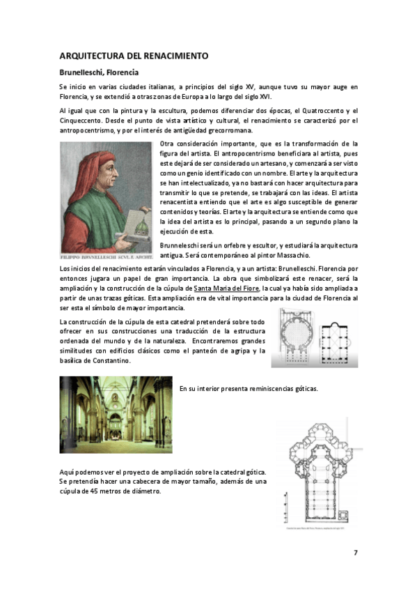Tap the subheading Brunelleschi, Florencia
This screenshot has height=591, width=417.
99,72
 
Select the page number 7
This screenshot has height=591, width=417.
356,553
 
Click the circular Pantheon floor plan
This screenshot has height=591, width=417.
299,339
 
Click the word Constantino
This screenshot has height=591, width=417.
109,361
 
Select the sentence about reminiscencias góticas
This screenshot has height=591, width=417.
248,388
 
